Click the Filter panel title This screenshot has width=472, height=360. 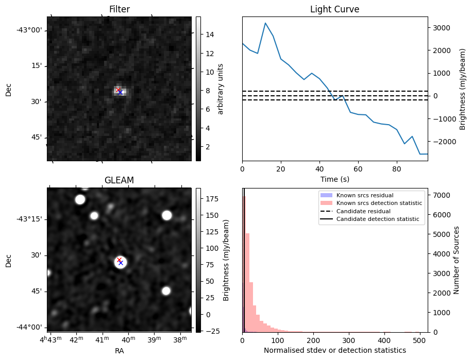(119, 9)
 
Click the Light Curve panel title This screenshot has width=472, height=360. (334, 9)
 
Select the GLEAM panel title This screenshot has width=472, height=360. (119, 180)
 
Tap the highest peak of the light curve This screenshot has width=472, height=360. (265, 23)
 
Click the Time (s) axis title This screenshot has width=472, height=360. (334, 178)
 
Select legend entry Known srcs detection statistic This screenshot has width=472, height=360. (379, 203)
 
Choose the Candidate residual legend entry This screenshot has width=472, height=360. (363, 211)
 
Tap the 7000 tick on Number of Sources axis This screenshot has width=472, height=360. (441, 195)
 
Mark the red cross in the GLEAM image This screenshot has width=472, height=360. (119, 260)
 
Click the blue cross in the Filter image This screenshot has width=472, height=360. (120, 92)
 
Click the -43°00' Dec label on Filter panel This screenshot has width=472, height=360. (29, 30)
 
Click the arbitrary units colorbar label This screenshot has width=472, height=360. (221, 89)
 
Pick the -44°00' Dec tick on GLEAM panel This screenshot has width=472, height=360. (29, 327)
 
